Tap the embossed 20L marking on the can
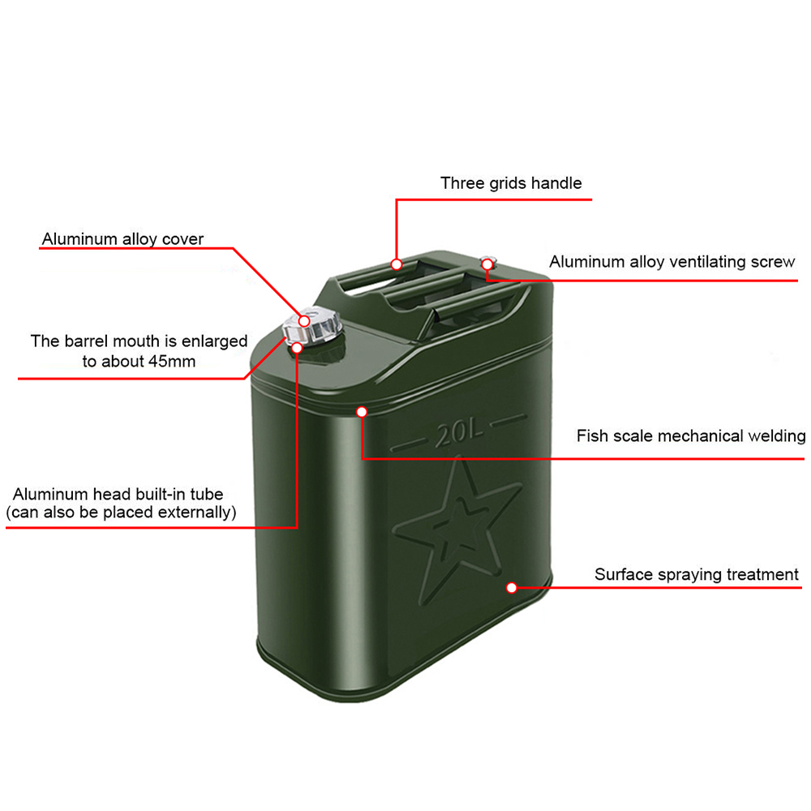[459, 436]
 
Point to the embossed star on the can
[454, 527]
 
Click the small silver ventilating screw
[488, 261]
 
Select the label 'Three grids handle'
[511, 183]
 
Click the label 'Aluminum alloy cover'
[123, 239]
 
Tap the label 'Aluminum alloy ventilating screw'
[672, 262]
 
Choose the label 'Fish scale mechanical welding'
[691, 436]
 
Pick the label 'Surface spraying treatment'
[697, 575]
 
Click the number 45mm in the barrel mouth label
[172, 361]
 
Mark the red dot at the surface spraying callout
[512, 587]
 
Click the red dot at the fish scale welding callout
[362, 412]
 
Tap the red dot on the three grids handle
[397, 264]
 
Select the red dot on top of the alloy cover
[305, 322]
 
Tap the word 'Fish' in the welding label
[590, 436]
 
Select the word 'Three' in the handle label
[461, 183]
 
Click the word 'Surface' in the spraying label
[623, 575]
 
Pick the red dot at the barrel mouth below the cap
[297, 348]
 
